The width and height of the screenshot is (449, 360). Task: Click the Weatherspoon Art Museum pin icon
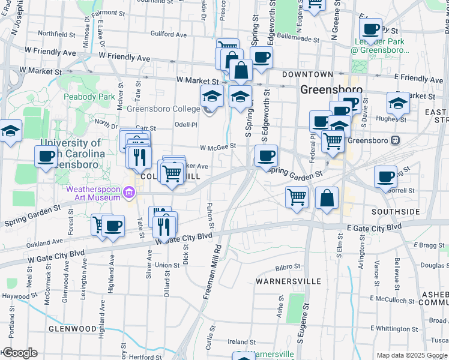click(128, 192)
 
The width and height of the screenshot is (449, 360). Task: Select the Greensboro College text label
click(163, 109)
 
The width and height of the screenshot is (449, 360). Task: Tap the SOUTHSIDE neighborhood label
click(396, 212)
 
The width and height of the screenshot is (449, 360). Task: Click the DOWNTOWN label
click(308, 74)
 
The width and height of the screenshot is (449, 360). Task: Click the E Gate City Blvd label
click(374, 228)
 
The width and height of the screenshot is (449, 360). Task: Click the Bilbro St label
click(288, 266)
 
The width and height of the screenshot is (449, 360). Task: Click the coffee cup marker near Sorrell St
click(385, 176)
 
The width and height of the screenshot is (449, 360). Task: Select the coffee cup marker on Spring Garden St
click(266, 156)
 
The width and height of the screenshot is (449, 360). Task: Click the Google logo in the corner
click(19, 353)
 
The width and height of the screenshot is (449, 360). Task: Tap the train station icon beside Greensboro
click(395, 140)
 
